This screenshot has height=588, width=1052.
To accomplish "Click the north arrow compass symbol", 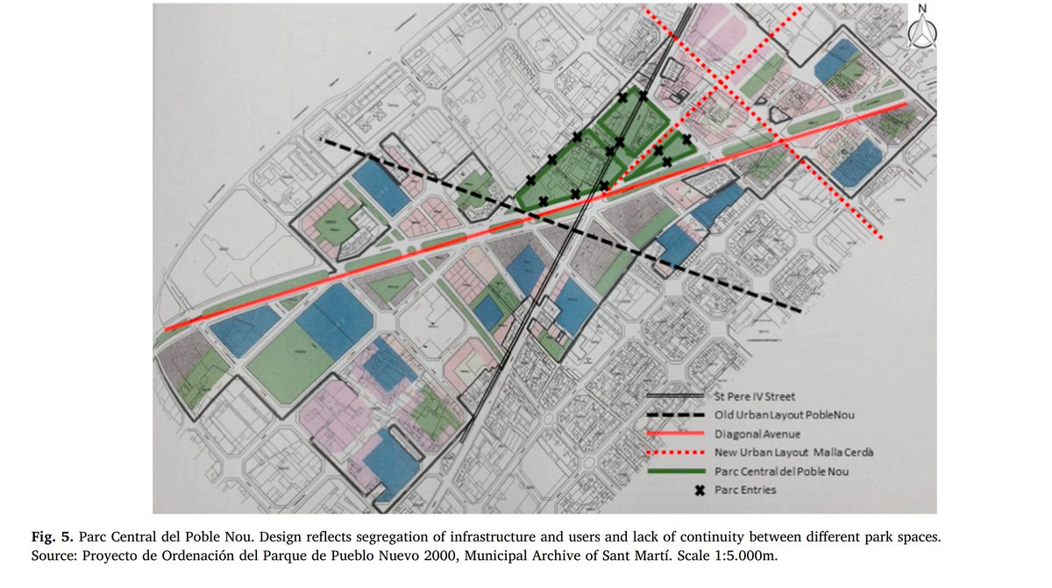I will click(922, 32).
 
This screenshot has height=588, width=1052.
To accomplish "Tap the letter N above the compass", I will click(922, 10).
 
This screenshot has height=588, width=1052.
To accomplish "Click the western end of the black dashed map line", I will click(322, 139).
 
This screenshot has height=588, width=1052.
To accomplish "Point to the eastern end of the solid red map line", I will click(906, 103).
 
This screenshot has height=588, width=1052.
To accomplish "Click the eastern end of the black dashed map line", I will click(801, 311).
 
